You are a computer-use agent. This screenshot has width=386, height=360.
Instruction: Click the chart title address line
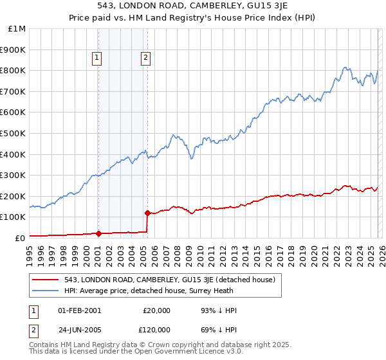pos(192,6)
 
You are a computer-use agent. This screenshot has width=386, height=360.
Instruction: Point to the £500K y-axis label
pos(14,134)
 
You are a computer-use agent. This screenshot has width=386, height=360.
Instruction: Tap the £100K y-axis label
pos(14,217)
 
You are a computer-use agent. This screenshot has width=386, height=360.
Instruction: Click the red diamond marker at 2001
pos(98,234)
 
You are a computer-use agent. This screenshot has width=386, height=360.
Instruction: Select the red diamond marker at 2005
pos(148,213)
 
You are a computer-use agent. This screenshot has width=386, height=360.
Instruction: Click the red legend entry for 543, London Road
pos(169,280)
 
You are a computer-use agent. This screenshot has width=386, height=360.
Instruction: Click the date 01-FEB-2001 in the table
pos(80,310)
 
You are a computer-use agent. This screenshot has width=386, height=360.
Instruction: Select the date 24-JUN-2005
pos(80,329)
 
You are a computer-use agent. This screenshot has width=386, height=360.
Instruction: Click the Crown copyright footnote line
pos(142,345)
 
